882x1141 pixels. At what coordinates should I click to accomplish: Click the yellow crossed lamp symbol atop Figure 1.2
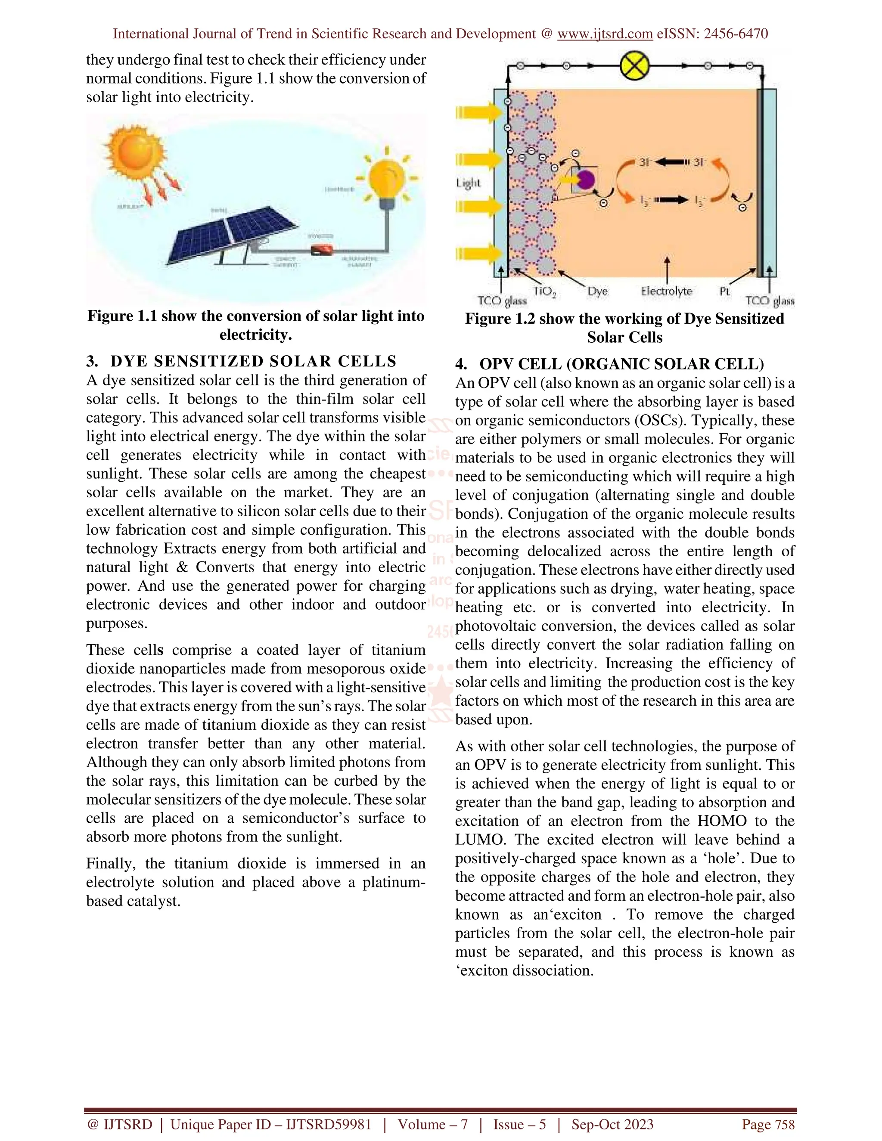pyautogui.click(x=634, y=66)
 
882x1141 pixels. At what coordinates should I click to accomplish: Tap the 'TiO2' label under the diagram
pyautogui.click(x=544, y=292)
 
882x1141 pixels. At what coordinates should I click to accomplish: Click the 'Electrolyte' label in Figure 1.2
pyautogui.click(x=666, y=291)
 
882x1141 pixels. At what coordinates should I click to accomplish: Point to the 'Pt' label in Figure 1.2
pyautogui.click(x=725, y=291)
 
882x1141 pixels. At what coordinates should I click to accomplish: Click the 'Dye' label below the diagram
pyautogui.click(x=597, y=291)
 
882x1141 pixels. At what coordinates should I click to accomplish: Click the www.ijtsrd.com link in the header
pyautogui.click(x=605, y=34)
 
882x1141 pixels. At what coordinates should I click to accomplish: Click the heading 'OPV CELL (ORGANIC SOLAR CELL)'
pyautogui.click(x=621, y=364)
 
